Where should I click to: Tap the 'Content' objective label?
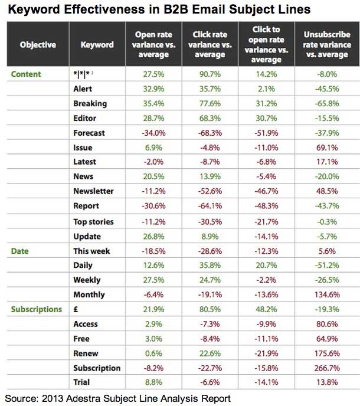pyautogui.click(x=26, y=74)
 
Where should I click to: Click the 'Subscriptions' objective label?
pyautogui.click(x=36, y=309)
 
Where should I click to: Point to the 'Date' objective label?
pyautogui.click(x=19, y=250)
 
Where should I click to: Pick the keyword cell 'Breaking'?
pyautogui.click(x=90, y=103)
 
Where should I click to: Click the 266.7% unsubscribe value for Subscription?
pyautogui.click(x=326, y=368)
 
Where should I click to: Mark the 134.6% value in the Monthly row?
pyautogui.click(x=326, y=294)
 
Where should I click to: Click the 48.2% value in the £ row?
pyautogui.click(x=267, y=309)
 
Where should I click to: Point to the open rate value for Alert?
pyautogui.click(x=152, y=89)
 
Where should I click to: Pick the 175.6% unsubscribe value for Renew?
pyautogui.click(x=326, y=353)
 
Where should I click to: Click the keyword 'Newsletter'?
pyautogui.click(x=93, y=191)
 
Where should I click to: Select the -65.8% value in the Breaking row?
pyautogui.click(x=326, y=103)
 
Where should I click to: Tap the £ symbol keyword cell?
pyautogui.click(x=76, y=309)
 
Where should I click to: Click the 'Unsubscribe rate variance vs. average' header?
pyautogui.click(x=326, y=44)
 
